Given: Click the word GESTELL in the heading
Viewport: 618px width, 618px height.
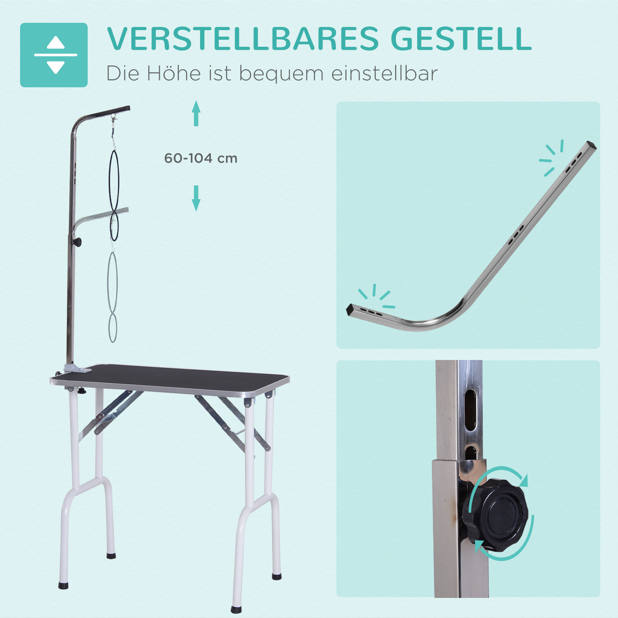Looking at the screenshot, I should [461, 39].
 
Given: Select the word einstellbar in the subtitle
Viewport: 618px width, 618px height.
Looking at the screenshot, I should [384, 73].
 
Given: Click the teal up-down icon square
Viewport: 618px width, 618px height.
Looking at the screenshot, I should [54, 55].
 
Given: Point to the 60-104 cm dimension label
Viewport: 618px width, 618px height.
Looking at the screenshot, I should [200, 158].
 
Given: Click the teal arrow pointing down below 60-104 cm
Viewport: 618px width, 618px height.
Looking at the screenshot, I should [196, 198].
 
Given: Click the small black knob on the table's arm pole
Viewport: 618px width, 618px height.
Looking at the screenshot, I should [78, 242].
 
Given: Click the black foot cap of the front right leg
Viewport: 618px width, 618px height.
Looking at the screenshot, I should [236, 610].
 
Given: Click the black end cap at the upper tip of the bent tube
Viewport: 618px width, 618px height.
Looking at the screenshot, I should [591, 146].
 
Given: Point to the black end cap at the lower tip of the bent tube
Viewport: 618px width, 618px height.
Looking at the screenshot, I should [350, 309].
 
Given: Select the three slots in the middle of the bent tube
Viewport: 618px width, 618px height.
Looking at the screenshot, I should [516, 235].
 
